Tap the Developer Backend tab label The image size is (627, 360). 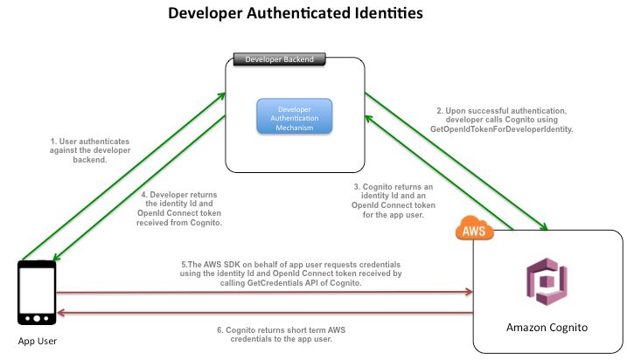[277, 60]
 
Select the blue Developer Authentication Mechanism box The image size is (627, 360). [294, 116]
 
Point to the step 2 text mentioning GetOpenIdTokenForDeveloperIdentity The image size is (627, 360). [505, 120]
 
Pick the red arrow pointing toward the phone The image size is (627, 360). [262, 312]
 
